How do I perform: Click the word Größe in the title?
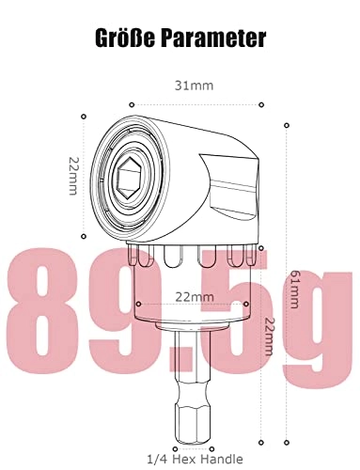tap(129, 39)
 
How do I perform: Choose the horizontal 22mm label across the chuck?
tap(192, 296)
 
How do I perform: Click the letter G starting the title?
tap(102, 39)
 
